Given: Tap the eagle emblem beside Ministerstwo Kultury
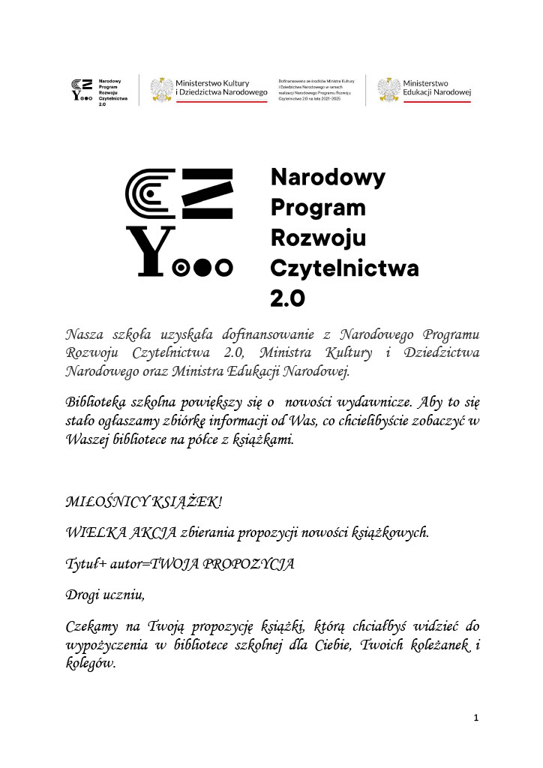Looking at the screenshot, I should [161, 88].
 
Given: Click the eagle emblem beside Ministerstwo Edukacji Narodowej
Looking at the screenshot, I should [388, 88].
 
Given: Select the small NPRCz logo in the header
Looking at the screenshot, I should [82, 88].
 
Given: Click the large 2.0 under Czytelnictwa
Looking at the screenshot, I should [287, 298].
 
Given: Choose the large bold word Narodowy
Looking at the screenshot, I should [327, 178].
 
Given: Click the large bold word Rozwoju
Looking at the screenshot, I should [317, 238].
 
